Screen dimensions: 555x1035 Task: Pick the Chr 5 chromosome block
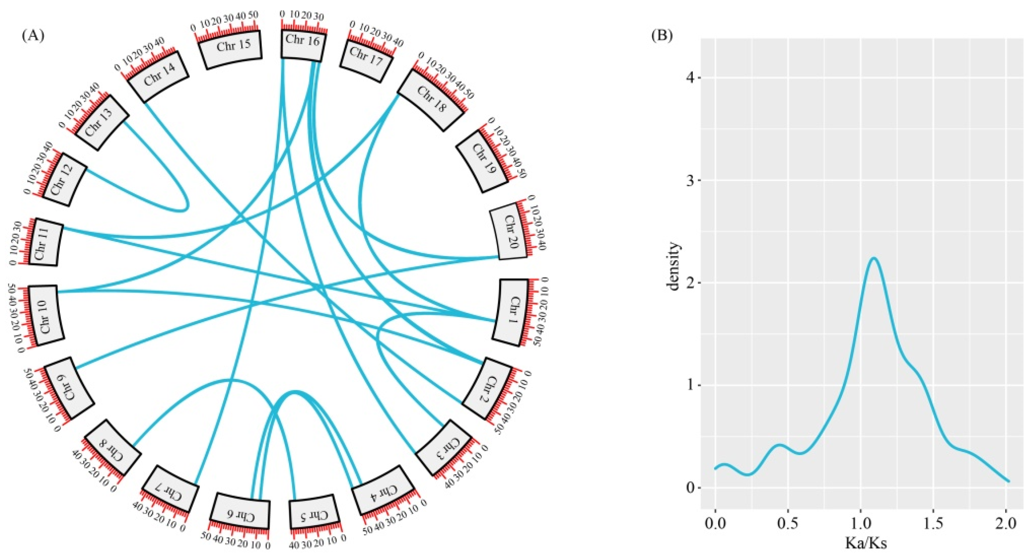[314, 514]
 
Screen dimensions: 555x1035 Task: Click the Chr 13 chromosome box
[102, 123]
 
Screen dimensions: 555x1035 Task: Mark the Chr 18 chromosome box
[432, 100]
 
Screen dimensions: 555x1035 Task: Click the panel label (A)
[33, 36]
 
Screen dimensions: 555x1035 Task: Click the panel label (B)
[661, 36]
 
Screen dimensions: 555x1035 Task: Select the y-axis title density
[673, 266]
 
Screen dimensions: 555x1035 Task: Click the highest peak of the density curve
[870, 258]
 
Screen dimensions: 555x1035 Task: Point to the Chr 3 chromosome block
[443, 448]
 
